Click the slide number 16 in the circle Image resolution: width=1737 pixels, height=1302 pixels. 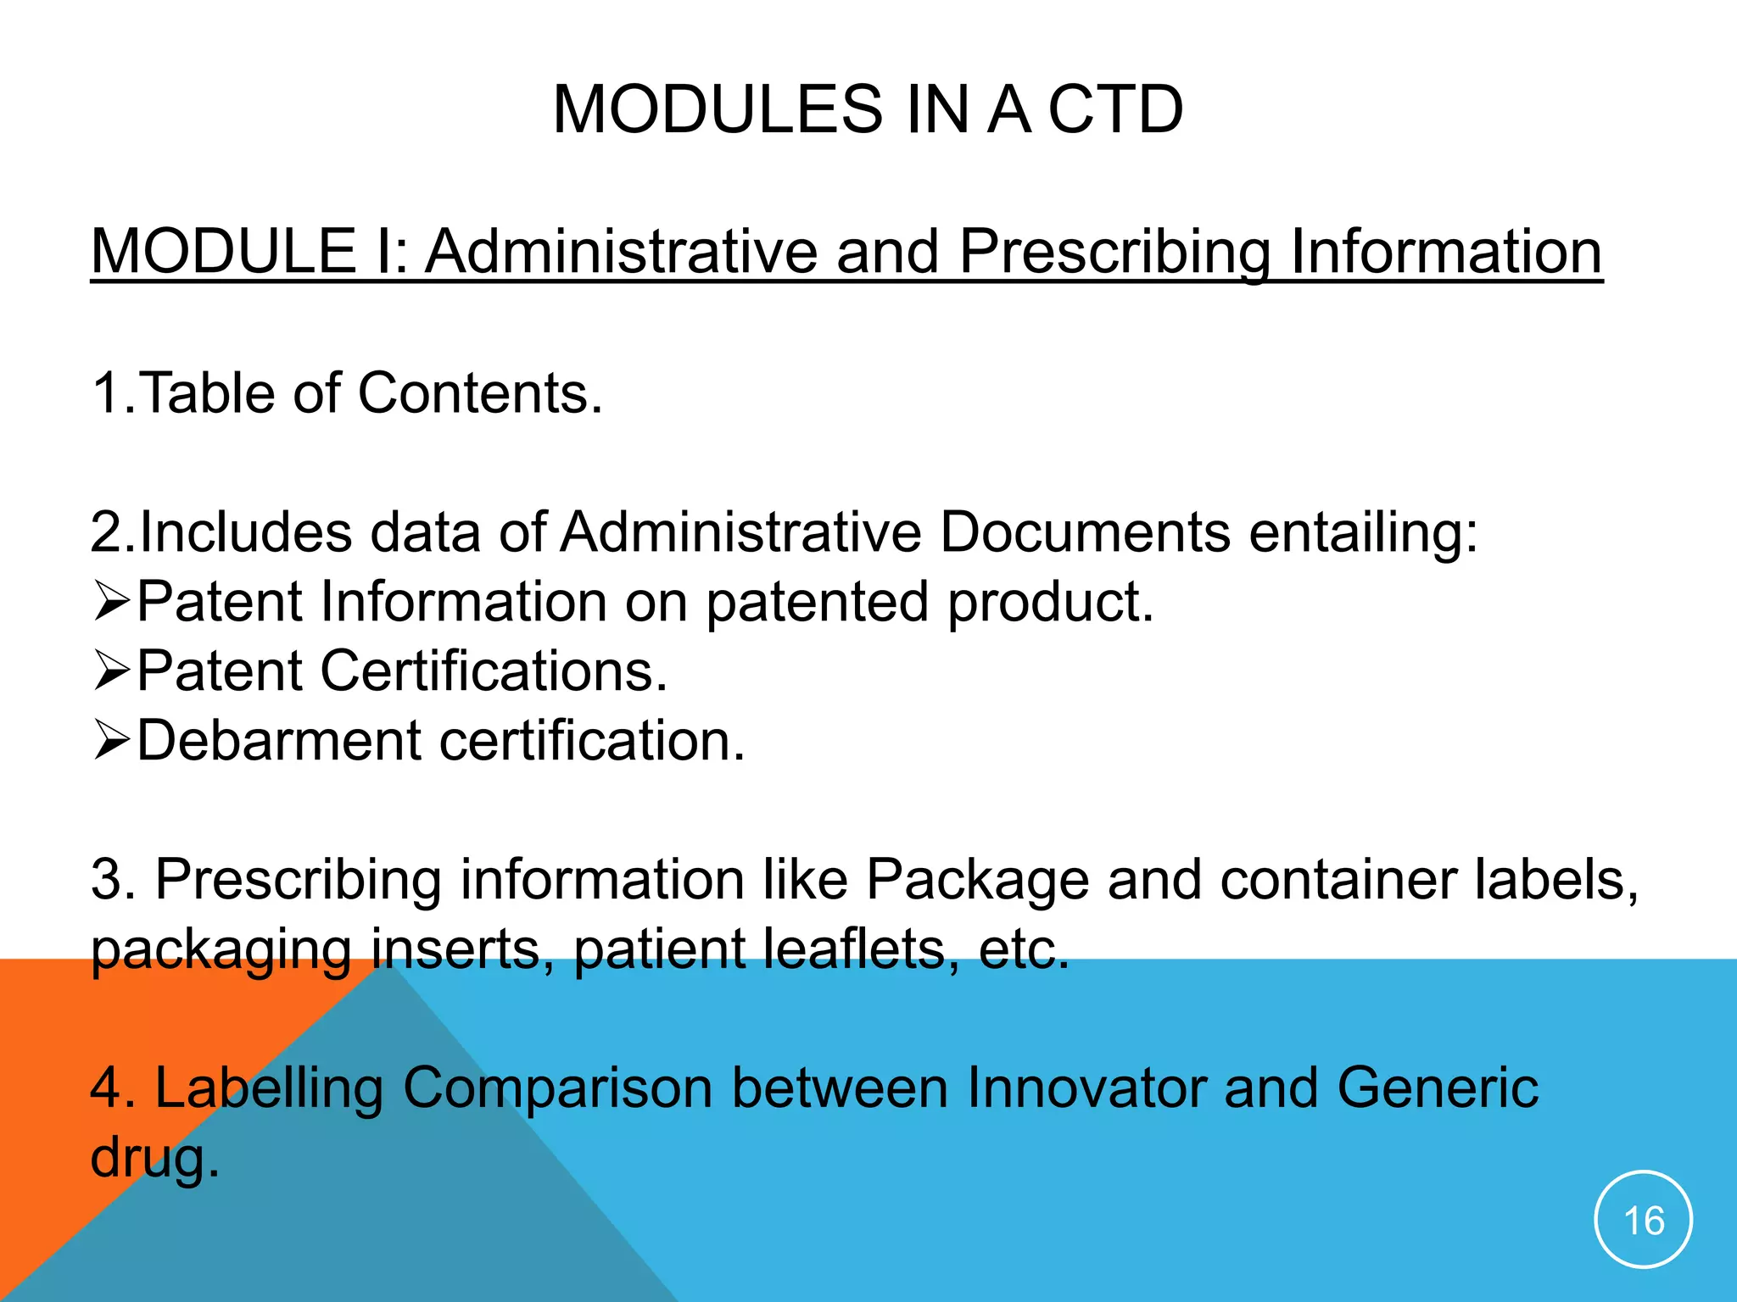coord(1643,1221)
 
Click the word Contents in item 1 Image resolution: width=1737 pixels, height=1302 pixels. coord(480,393)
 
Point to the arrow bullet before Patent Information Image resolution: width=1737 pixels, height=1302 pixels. coord(111,602)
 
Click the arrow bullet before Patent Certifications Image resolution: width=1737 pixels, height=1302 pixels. coord(111,671)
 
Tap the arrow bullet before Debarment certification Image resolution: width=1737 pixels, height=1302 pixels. coord(111,741)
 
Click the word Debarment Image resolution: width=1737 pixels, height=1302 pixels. coord(279,741)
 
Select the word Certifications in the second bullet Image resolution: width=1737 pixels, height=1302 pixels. coord(494,671)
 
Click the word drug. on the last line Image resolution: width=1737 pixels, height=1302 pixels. coord(154,1158)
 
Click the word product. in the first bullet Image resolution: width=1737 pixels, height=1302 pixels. coord(1051,602)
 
